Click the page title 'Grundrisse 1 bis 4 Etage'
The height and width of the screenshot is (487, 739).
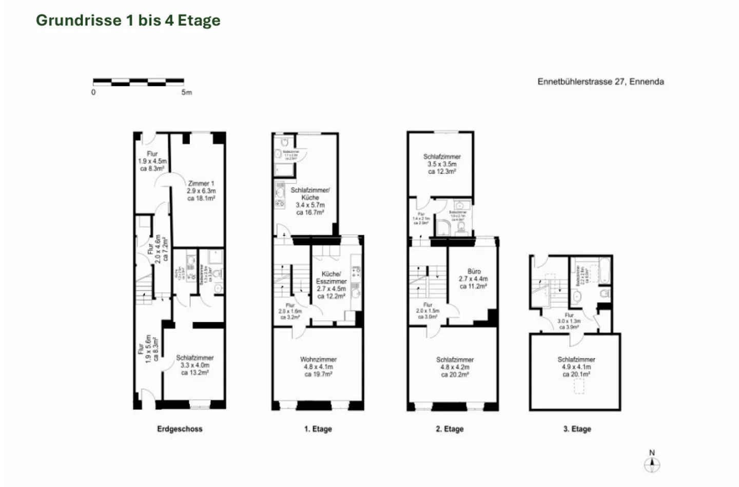[x=128, y=21]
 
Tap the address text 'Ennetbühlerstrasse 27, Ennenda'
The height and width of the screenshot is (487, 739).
[x=600, y=82]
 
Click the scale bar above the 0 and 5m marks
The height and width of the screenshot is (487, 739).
[x=138, y=81]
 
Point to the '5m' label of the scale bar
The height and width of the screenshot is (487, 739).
[x=186, y=92]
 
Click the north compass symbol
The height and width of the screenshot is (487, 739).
[x=652, y=464]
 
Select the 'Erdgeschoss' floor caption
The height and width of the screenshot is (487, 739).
[x=180, y=429]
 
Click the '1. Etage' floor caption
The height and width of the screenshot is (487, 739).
[x=318, y=429]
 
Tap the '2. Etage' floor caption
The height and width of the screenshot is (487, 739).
[x=450, y=429]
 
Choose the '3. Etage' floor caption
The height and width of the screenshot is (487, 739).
[x=577, y=429]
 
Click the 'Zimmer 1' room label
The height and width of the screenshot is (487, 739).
[x=201, y=183]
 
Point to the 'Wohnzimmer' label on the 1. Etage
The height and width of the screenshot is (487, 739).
[x=318, y=360]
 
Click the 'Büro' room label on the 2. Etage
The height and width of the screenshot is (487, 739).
[x=474, y=271]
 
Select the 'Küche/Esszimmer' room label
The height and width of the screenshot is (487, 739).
[x=331, y=277]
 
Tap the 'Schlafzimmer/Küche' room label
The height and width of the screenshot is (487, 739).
[x=310, y=194]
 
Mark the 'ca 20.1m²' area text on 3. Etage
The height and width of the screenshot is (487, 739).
[x=576, y=374]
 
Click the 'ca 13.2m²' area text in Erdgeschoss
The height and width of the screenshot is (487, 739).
[x=195, y=372]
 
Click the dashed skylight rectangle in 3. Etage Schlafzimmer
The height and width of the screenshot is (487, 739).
[x=578, y=386]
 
